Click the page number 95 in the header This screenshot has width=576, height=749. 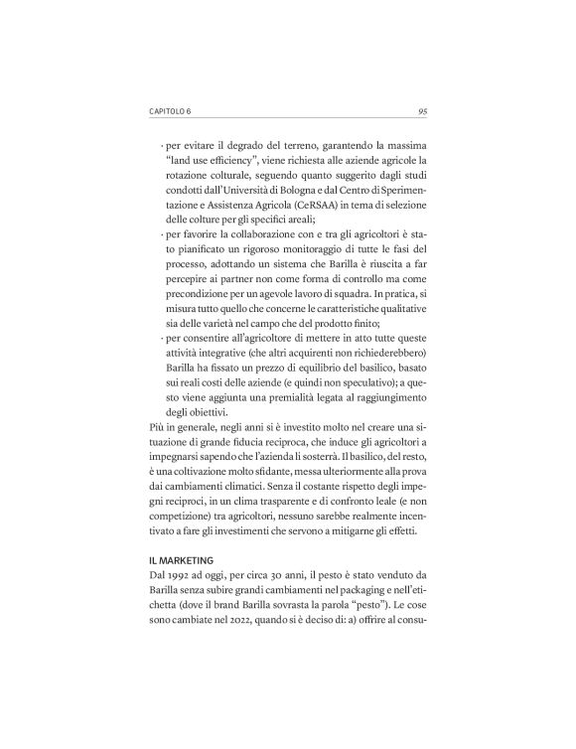[421, 111]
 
